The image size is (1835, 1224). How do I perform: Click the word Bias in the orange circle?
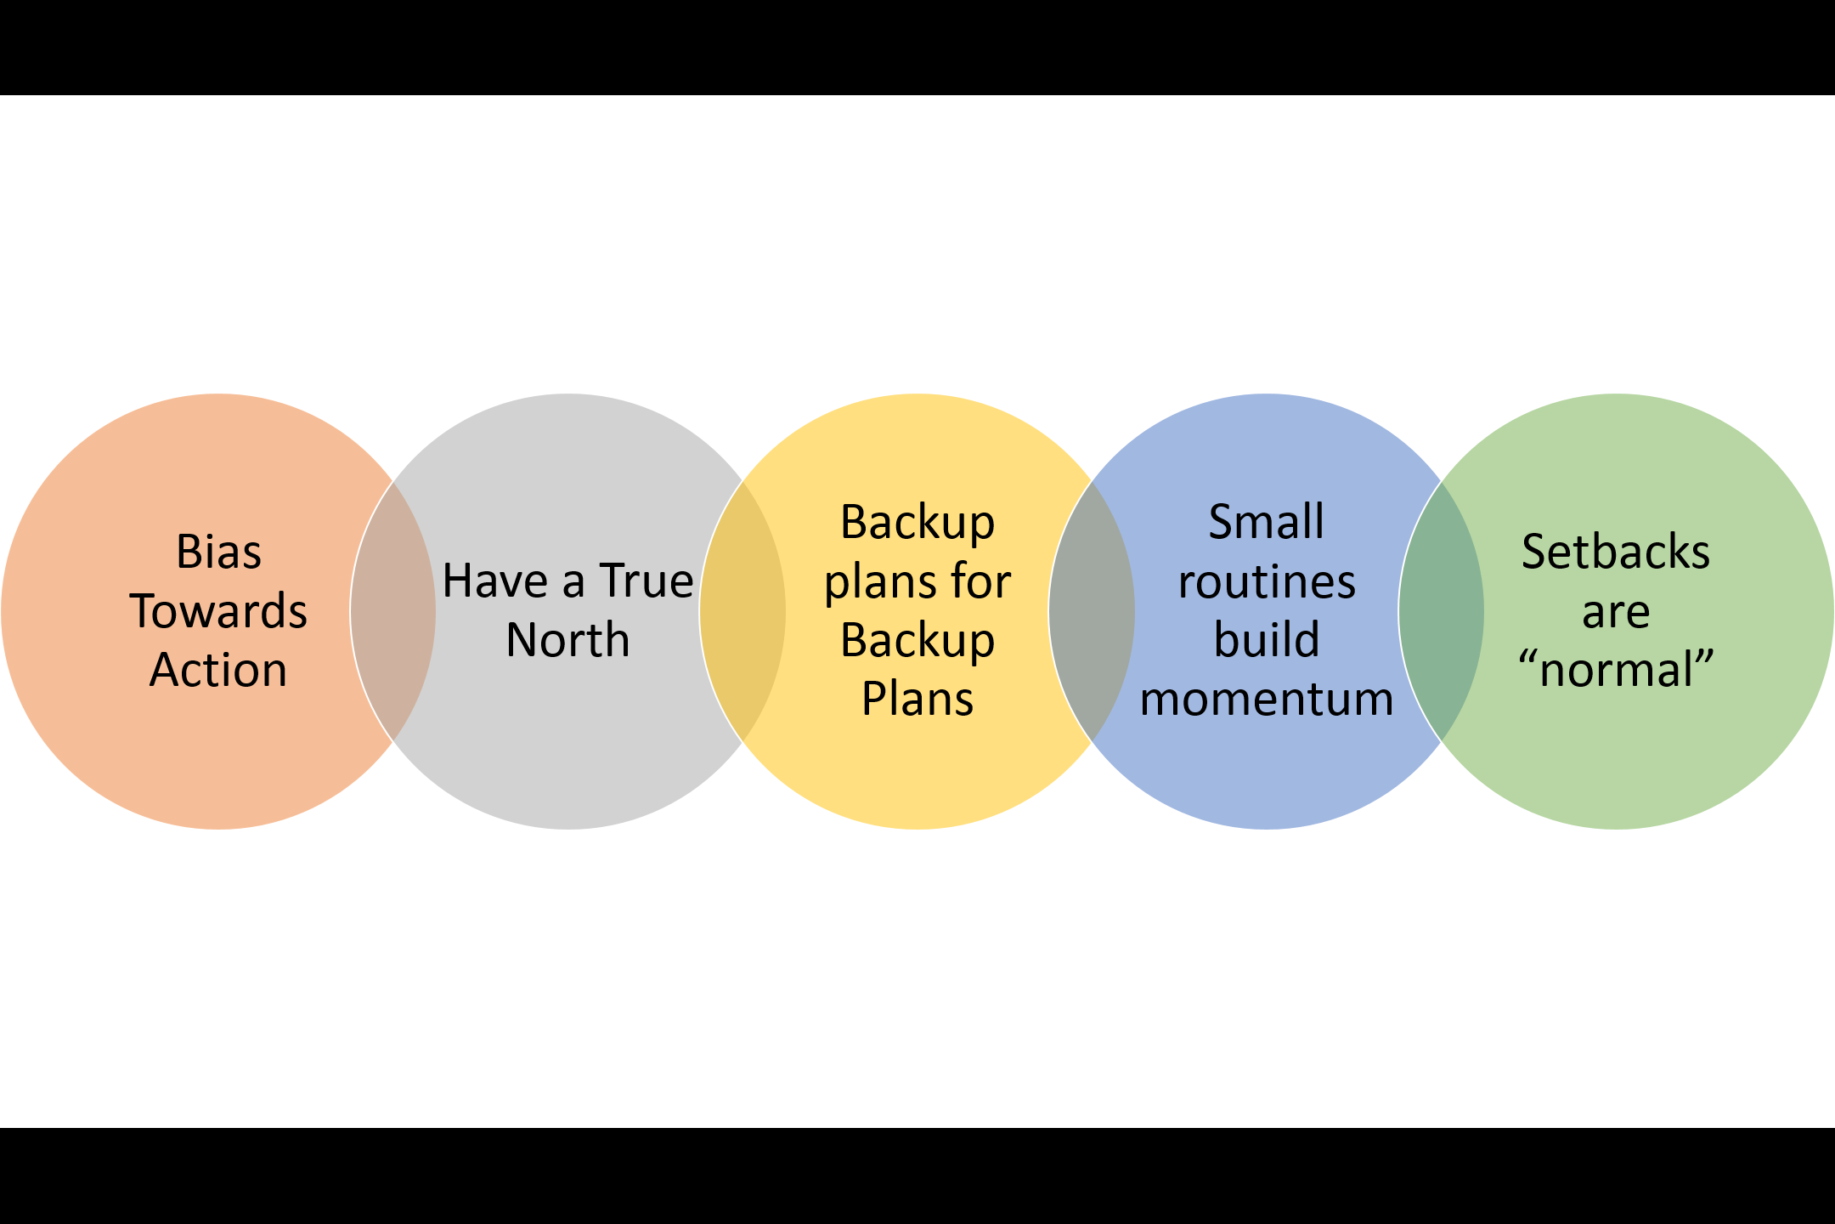point(218,552)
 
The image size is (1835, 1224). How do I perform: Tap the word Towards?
point(218,611)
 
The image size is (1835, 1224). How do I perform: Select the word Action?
point(218,670)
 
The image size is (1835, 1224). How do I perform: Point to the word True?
point(646,581)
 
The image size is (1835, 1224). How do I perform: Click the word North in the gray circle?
point(567,640)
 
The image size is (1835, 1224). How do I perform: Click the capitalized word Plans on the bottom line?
point(918,700)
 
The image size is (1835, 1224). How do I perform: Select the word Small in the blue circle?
point(1266,523)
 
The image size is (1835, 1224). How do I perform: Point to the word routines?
point(1267,582)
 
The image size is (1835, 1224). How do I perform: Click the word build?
point(1267,640)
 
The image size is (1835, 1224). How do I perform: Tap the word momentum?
point(1267,700)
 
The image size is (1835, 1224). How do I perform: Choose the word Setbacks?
point(1616,552)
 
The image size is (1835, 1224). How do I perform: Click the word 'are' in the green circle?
point(1616,612)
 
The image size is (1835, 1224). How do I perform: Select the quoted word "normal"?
point(1616,670)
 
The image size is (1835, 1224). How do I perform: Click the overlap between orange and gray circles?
point(393,611)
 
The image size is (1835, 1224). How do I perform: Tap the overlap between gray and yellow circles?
point(742,611)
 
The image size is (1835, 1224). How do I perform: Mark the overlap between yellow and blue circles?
point(1092,611)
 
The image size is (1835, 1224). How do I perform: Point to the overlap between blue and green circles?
point(1441,611)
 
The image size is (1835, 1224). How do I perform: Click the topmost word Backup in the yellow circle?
point(918,523)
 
